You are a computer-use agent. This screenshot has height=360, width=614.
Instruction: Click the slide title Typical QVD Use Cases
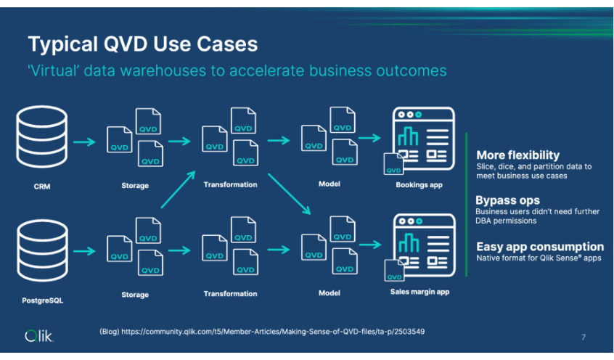[x=142, y=44]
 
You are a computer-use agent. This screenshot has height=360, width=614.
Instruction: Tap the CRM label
[x=42, y=187]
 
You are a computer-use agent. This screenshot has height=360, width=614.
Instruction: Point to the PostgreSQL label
[x=43, y=300]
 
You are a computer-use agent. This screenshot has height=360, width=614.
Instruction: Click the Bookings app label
[x=419, y=185]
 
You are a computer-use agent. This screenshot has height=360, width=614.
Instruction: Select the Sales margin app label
[x=419, y=292]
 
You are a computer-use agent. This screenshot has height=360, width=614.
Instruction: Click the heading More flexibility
[x=517, y=155]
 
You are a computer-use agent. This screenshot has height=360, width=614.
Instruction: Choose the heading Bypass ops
[x=507, y=200]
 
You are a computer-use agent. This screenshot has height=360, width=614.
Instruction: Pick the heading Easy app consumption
[x=539, y=247]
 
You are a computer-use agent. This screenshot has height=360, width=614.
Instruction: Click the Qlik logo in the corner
[x=39, y=335]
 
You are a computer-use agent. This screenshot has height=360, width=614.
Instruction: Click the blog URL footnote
[x=261, y=332]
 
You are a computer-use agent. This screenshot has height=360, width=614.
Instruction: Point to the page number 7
[x=584, y=337]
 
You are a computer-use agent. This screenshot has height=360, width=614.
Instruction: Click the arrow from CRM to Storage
[x=85, y=142]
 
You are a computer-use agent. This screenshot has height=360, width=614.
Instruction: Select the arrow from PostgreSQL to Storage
[x=85, y=251]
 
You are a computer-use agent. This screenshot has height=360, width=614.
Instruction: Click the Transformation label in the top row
[x=230, y=184]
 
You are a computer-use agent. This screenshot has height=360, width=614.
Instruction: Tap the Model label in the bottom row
[x=329, y=293]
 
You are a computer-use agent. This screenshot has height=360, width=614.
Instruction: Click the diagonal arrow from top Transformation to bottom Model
[x=289, y=194]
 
